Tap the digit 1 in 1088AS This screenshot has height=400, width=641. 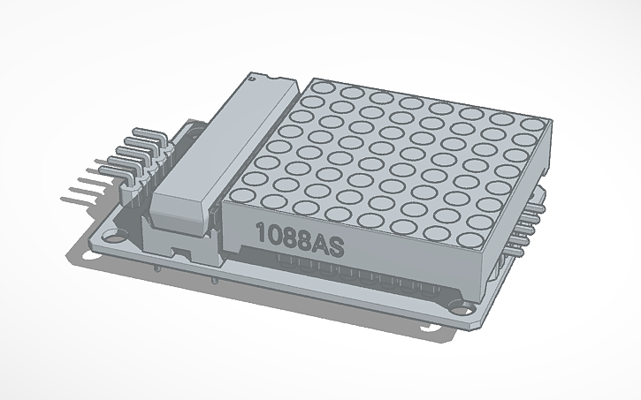tap(260, 232)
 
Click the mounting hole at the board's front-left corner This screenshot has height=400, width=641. tap(112, 238)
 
